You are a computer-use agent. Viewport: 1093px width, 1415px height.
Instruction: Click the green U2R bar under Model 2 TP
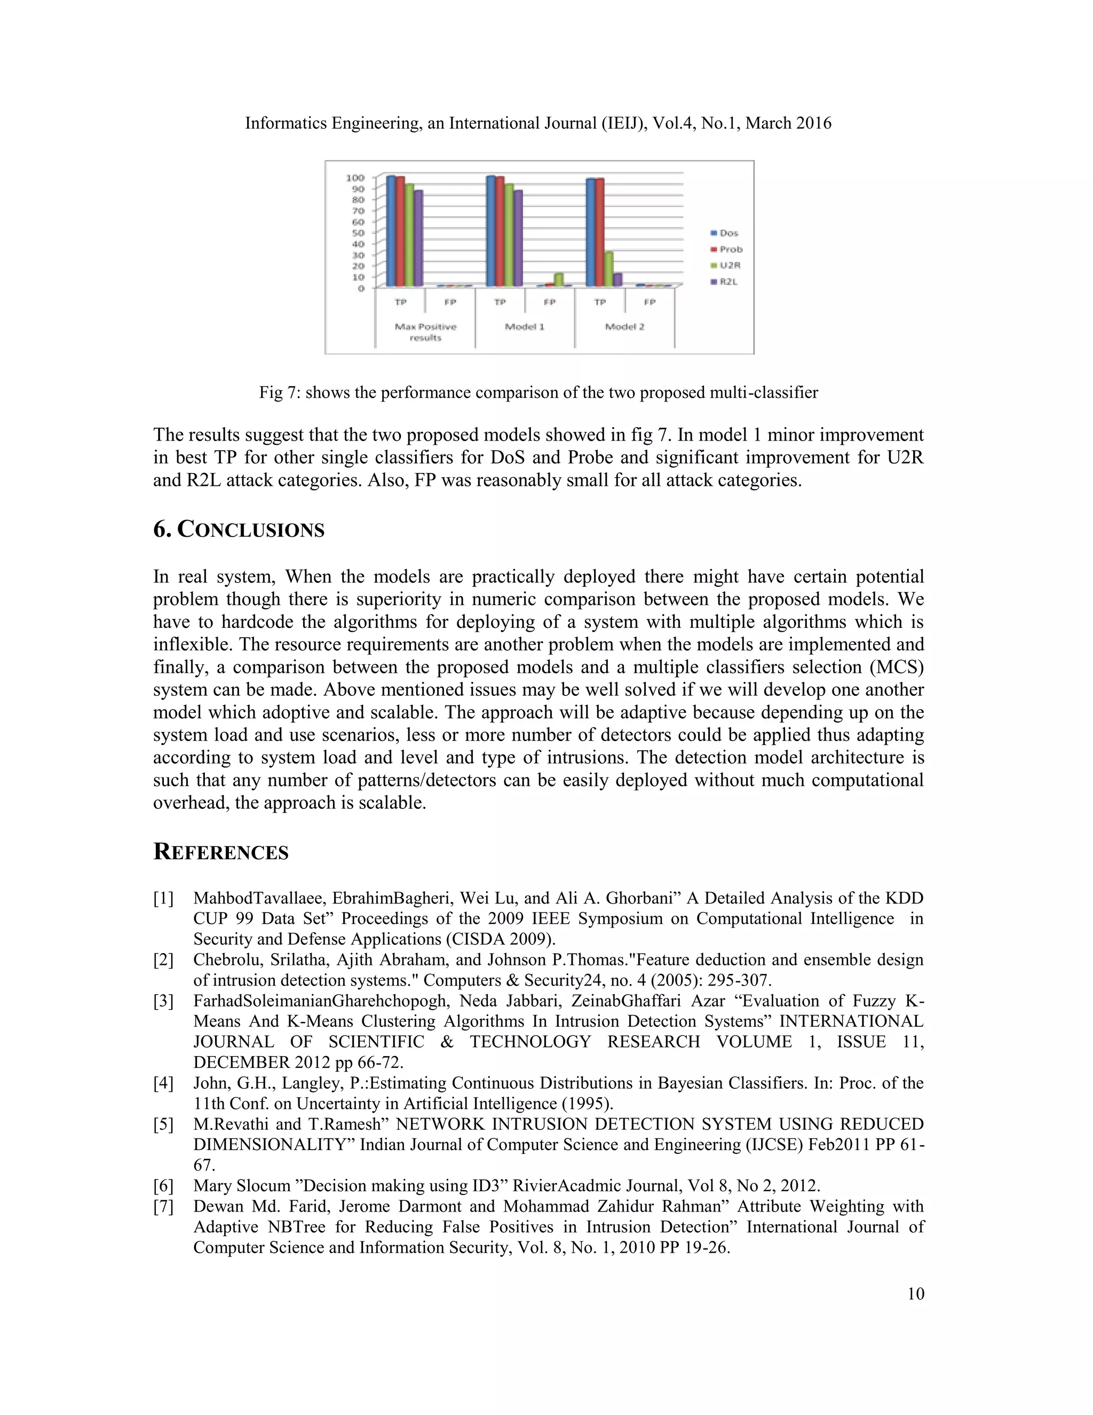(x=608, y=270)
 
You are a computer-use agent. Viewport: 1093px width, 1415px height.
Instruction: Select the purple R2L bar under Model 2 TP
(x=617, y=279)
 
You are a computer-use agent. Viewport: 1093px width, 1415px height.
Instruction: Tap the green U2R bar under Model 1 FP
(x=559, y=279)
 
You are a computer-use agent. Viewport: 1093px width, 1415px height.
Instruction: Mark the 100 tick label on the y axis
(x=355, y=177)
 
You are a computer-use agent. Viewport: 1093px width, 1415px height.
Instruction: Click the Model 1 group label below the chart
(x=525, y=327)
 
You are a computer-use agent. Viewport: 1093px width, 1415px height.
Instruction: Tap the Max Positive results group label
(x=425, y=332)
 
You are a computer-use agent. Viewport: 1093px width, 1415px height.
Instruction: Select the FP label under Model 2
(x=650, y=302)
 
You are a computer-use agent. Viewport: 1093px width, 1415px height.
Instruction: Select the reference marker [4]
(x=163, y=1083)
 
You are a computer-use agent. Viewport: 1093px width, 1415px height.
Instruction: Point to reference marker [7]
(x=163, y=1206)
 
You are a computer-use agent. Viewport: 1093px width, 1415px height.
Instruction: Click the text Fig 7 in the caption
(x=278, y=392)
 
